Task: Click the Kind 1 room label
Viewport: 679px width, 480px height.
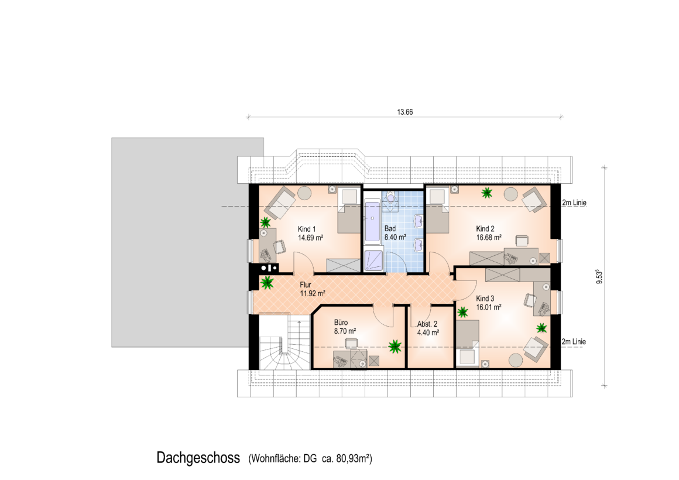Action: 307,229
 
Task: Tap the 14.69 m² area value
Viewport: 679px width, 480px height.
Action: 310,238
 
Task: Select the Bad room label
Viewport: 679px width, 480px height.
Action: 390,228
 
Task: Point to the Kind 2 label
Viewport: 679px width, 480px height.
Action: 485,229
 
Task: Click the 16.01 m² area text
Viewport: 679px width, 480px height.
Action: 489,307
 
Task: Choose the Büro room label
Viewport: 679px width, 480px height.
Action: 341,323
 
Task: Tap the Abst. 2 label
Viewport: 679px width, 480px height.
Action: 427,324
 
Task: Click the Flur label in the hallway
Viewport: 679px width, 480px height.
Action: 306,285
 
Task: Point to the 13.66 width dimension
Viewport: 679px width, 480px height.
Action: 405,112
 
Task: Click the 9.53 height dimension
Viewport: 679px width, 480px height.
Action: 599,276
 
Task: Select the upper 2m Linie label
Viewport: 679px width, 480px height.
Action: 574,203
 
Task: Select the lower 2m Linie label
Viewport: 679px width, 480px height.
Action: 574,342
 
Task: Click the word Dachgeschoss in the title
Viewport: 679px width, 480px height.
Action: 198,458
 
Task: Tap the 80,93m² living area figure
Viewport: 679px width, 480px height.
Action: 354,458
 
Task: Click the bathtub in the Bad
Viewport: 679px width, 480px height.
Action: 372,222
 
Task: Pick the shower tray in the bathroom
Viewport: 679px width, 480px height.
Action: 373,261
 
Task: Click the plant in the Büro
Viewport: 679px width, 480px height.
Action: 395,347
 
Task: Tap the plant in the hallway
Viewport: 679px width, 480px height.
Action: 268,283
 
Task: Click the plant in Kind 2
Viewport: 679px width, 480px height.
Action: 487,193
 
